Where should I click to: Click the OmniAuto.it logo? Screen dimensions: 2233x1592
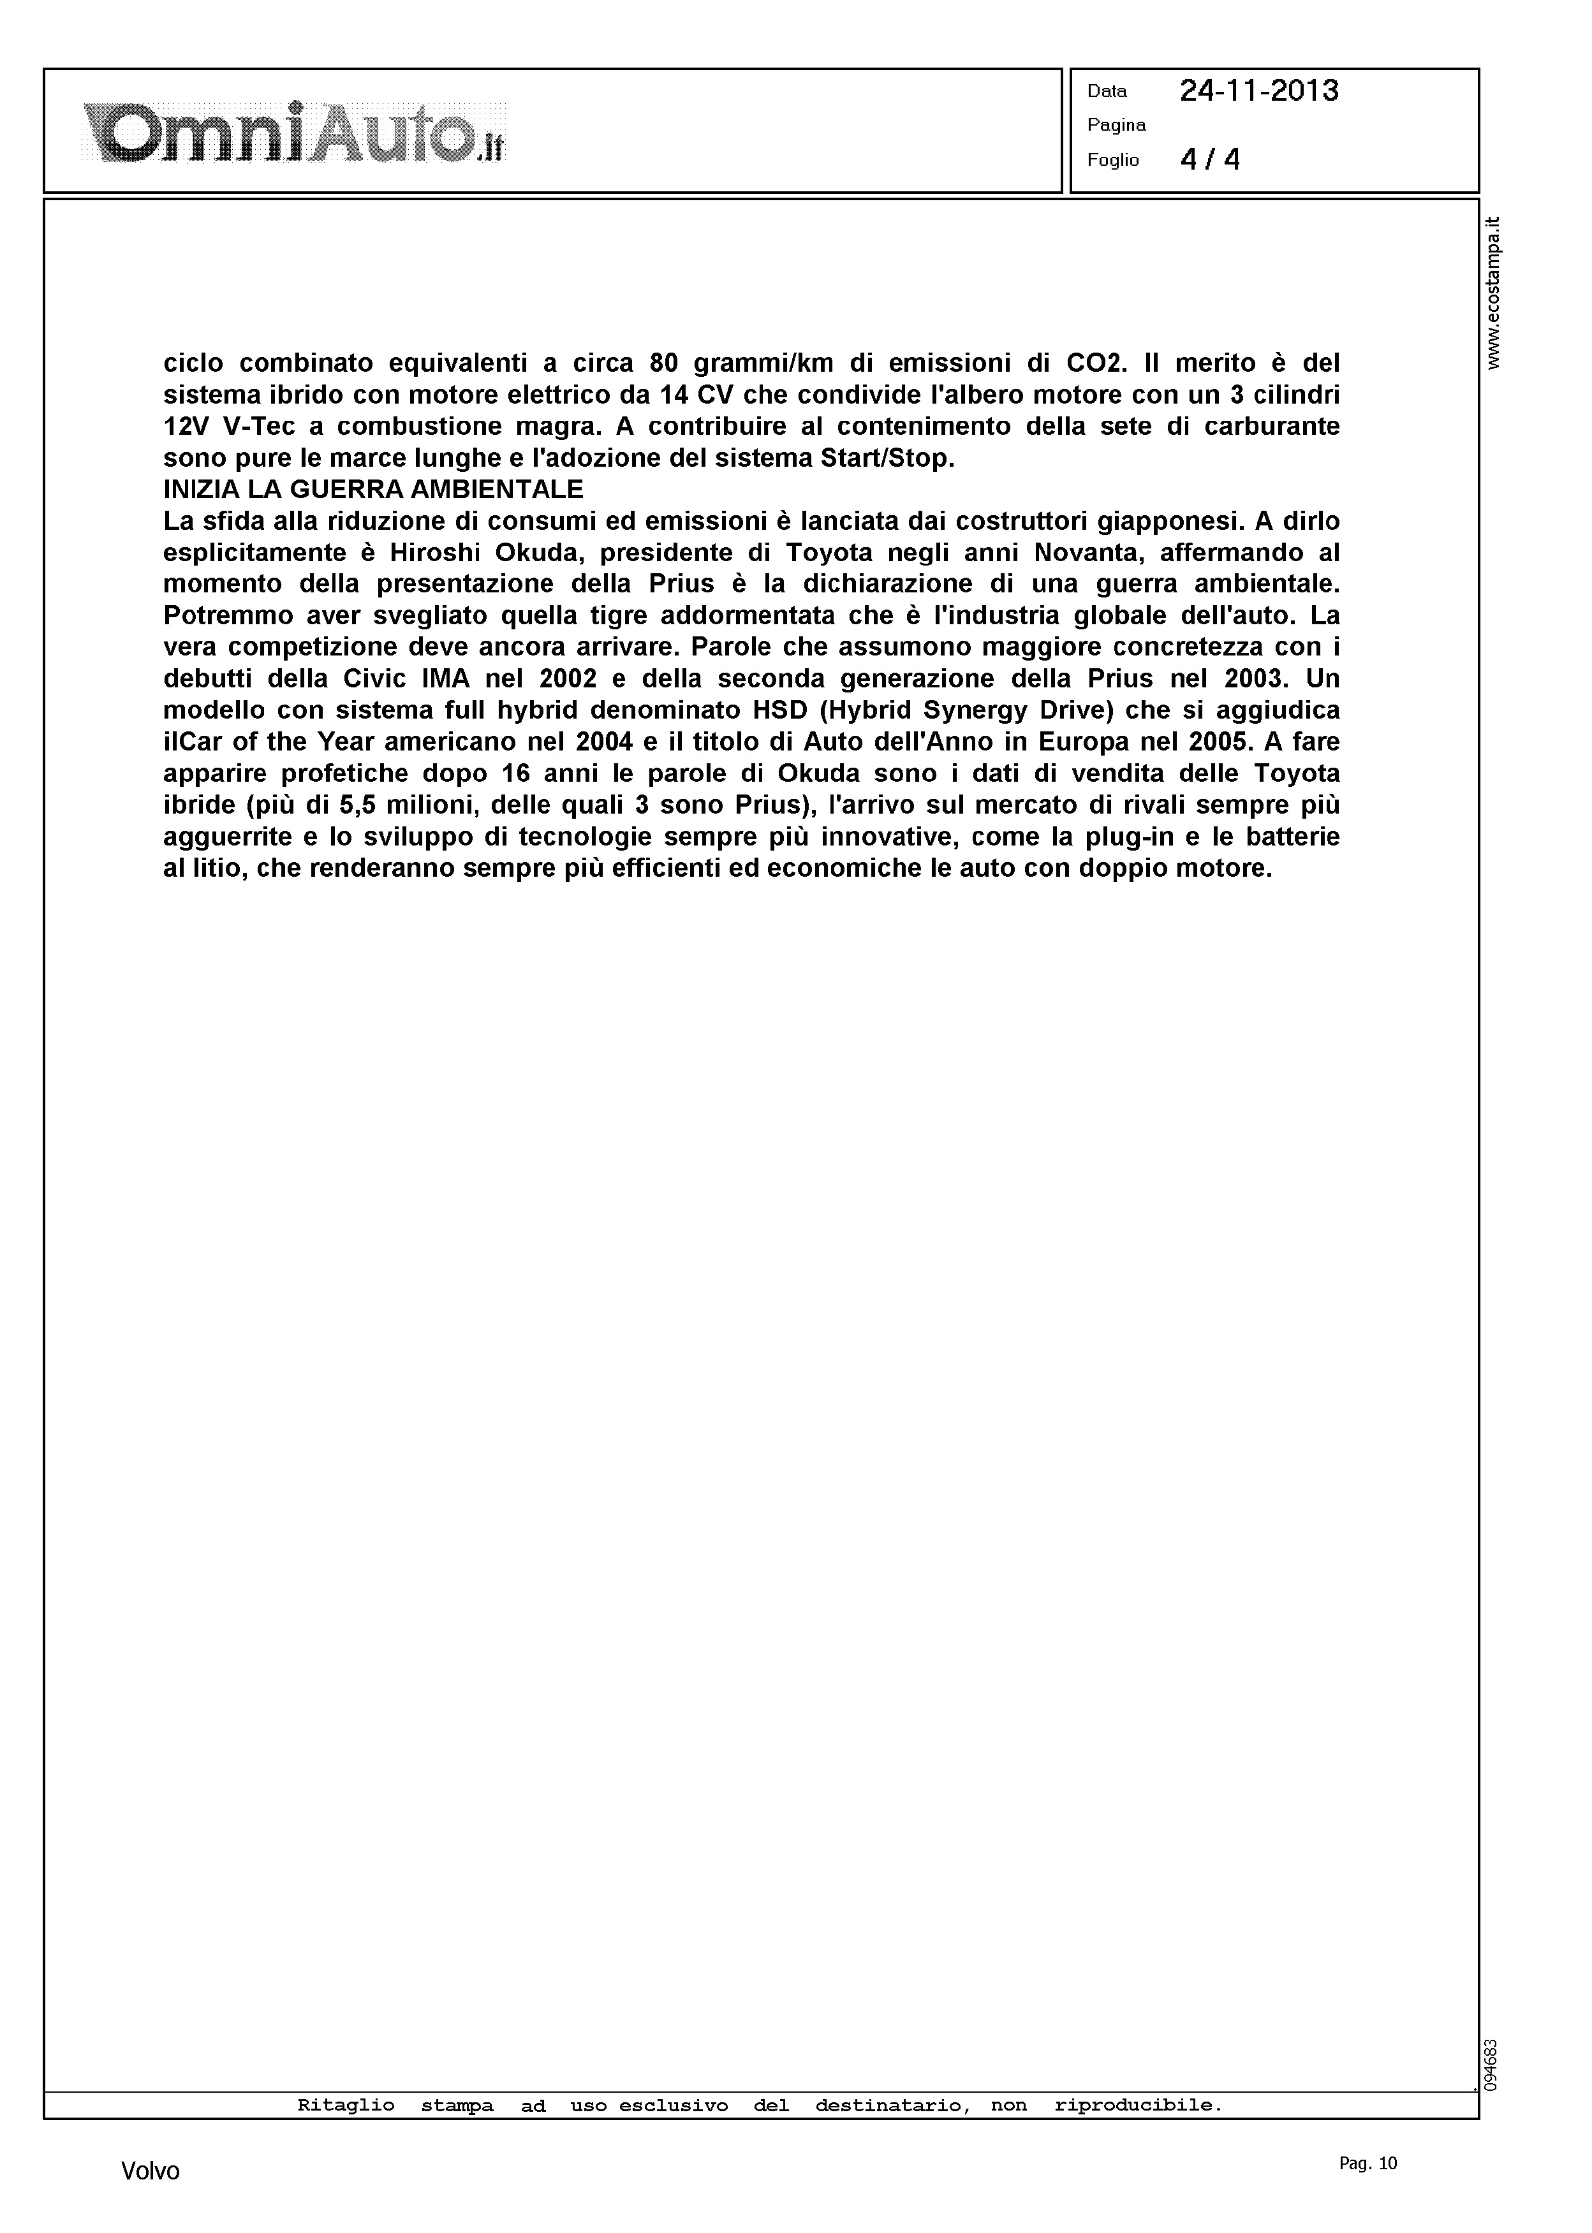(293, 132)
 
